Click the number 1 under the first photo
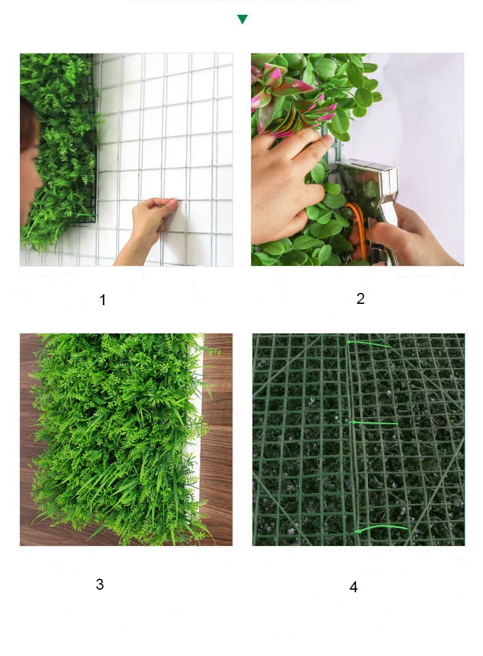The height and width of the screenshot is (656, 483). (102, 300)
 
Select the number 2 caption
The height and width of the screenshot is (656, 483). (361, 299)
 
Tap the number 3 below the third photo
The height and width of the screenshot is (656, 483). (100, 585)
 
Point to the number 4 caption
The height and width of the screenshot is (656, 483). (354, 587)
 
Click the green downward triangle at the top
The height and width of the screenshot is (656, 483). (242, 20)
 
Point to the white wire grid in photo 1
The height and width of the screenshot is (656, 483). (174, 129)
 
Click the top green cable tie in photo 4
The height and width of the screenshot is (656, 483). (368, 344)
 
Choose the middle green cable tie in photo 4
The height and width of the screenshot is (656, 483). (374, 423)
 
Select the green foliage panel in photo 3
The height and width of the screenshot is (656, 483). (116, 438)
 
